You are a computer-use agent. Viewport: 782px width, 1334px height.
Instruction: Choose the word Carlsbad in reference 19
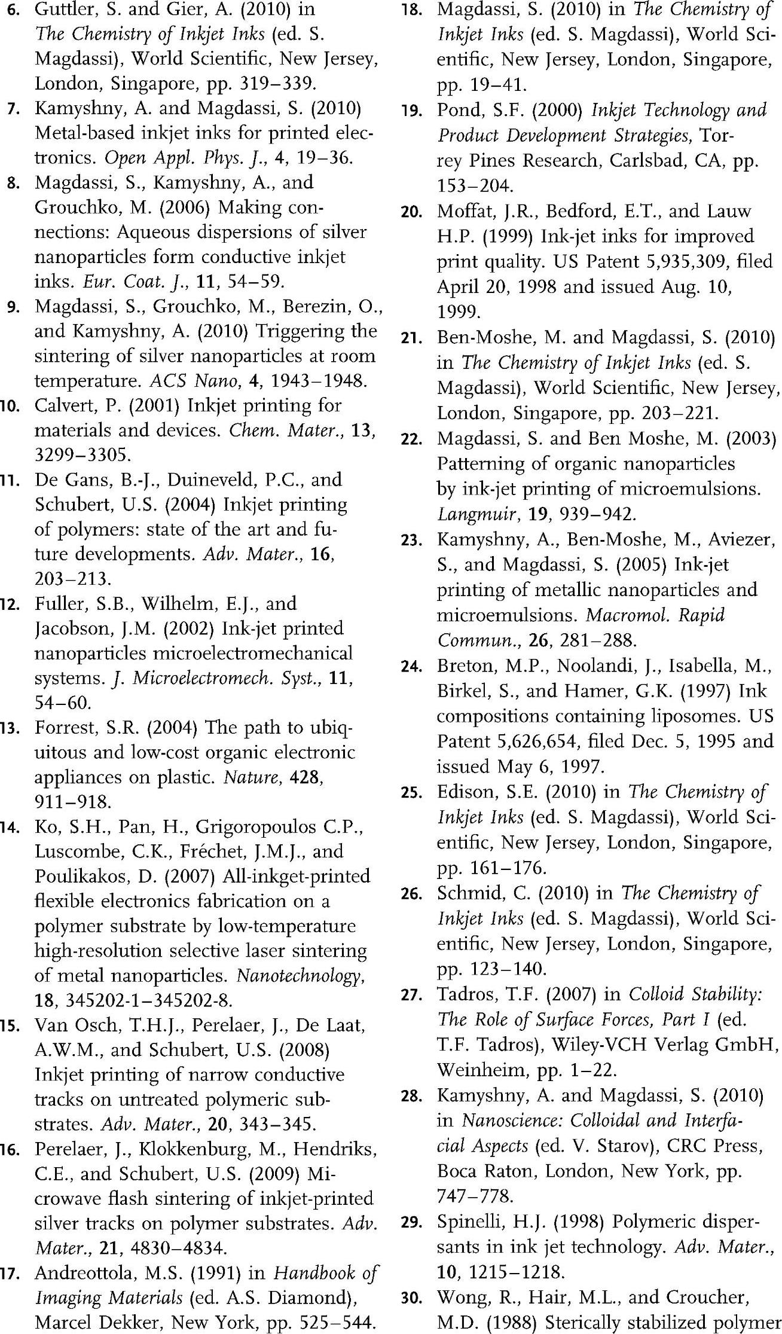pos(649,161)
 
